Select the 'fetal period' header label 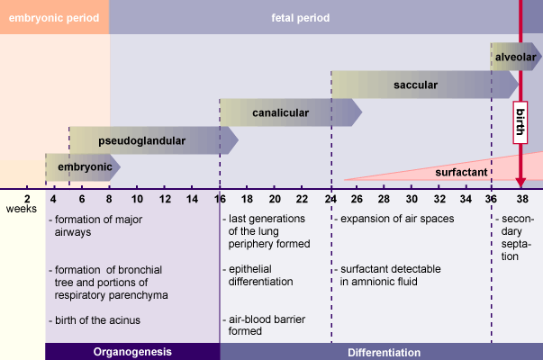point(301,17)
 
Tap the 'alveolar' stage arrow point(515,57)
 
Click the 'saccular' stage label point(415,85)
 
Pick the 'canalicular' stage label point(280,113)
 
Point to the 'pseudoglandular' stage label point(141,140)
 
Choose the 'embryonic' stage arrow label point(85,167)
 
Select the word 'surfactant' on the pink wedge point(463,171)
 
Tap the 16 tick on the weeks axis point(220,198)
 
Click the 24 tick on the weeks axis point(330,198)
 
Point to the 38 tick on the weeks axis point(522,198)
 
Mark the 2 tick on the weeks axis point(27,198)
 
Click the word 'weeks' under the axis point(22,210)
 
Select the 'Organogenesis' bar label point(132,352)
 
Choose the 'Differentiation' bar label point(384,352)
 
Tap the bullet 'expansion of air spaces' point(397,219)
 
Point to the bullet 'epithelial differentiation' point(260,275)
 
